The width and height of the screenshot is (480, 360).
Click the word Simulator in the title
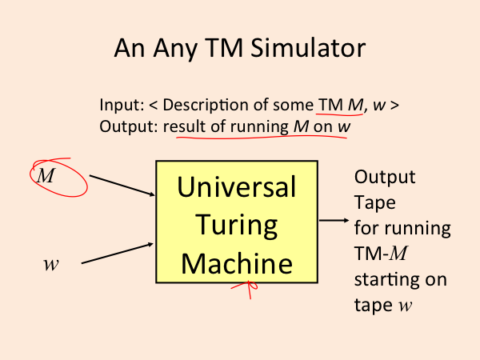(308, 48)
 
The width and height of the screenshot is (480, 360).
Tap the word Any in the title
(174, 49)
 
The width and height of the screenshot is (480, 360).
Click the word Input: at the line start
(122, 106)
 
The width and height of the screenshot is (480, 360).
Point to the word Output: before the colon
(129, 126)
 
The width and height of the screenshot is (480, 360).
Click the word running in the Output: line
(259, 127)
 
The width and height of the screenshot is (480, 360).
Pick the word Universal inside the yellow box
(237, 187)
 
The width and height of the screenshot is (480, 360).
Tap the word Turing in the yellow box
(237, 226)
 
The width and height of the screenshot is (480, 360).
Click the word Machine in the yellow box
(237, 263)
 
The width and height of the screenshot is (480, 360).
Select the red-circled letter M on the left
(46, 176)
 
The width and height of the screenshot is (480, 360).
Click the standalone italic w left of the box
(51, 265)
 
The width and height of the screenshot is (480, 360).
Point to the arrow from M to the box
(122, 186)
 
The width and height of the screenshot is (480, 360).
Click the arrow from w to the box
(118, 253)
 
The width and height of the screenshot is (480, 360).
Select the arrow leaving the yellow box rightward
(334, 220)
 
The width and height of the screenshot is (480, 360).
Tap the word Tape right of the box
(375, 202)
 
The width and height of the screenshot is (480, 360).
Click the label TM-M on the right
(381, 254)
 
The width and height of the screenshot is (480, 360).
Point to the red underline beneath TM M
(339, 114)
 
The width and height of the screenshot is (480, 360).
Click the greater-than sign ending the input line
(395, 106)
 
